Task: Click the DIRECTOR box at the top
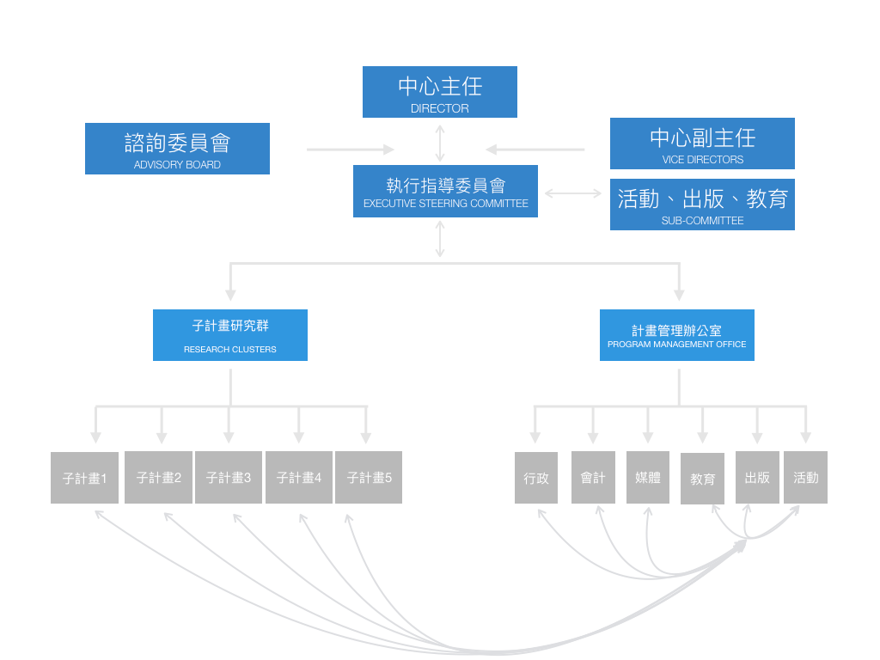tap(439, 91)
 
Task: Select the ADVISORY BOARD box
tap(177, 149)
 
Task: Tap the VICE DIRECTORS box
tap(702, 144)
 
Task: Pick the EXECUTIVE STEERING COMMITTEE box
tap(445, 191)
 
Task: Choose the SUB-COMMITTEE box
tap(702, 205)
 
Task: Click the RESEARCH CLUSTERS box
tap(229, 335)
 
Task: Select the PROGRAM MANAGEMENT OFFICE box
tap(676, 335)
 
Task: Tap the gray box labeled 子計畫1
tap(84, 478)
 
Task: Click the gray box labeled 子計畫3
tap(229, 477)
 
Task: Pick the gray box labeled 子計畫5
tap(369, 477)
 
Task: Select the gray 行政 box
tap(536, 478)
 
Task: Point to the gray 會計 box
tap(593, 477)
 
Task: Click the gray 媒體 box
tap(647, 477)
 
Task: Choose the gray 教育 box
tap(702, 479)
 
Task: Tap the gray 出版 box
tap(757, 477)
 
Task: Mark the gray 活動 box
tap(805, 477)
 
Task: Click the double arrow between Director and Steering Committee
tap(440, 142)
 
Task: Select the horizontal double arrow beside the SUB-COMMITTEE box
tap(573, 193)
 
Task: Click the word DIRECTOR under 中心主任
tap(439, 109)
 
